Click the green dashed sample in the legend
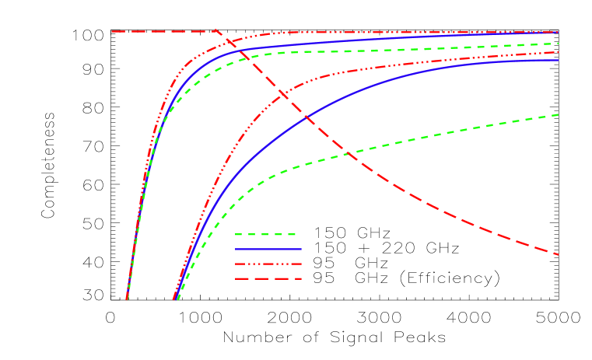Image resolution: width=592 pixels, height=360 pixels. click(x=265, y=234)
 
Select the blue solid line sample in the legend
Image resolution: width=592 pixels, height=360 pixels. click(x=268, y=249)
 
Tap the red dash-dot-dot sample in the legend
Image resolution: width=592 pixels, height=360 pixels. click(x=268, y=264)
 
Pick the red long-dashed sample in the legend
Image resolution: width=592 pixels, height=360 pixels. click(x=268, y=278)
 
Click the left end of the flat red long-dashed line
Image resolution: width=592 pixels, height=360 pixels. click(x=112, y=31)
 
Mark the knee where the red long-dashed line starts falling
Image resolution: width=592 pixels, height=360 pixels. click(x=217, y=31)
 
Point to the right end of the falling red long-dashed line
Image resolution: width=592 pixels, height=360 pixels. click(x=559, y=254)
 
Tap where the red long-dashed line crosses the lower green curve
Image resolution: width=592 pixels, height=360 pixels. click(x=352, y=155)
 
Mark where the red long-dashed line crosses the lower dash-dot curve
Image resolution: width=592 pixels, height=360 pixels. click(x=279, y=92)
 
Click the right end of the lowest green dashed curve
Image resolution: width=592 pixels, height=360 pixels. click(x=559, y=114)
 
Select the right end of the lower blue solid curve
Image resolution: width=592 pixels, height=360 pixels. click(x=559, y=60)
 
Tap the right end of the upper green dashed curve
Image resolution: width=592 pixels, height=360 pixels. click(x=559, y=44)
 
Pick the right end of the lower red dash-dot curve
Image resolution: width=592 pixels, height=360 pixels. click(x=559, y=52)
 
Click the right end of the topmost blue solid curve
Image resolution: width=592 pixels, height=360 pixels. click(x=559, y=33)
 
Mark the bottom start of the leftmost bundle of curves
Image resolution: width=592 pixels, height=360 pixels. click(x=127, y=299)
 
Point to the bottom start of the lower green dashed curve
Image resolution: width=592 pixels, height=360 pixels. click(x=179, y=299)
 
